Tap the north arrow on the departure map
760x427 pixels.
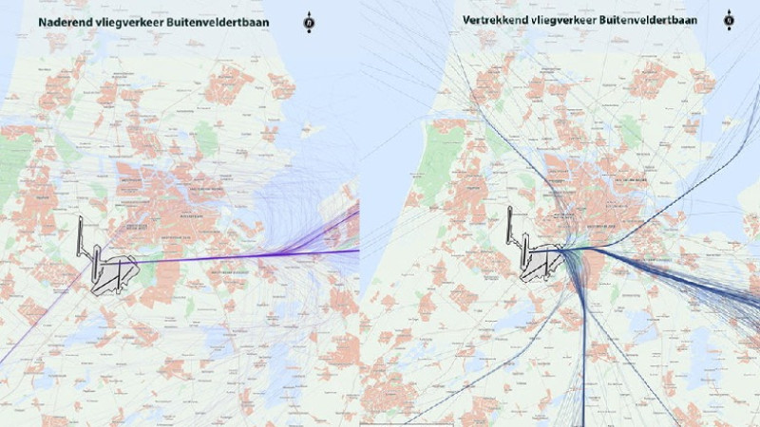click(729, 20)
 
